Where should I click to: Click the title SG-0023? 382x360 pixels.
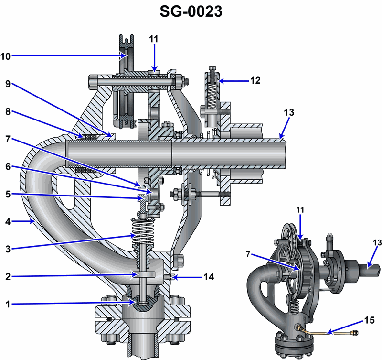pos(191,11)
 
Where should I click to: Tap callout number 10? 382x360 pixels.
pos(5,56)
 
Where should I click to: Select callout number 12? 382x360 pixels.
pos(255,80)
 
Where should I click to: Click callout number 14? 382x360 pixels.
pos(209,277)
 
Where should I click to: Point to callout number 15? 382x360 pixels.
pos(369,320)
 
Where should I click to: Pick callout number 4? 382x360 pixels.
pos(8,222)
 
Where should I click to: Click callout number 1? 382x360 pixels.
pos(8,305)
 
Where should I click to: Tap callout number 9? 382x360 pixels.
pos(8,84)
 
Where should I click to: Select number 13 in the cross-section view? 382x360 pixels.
pos(289,112)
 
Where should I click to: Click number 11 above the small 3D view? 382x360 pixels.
pos(300,210)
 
